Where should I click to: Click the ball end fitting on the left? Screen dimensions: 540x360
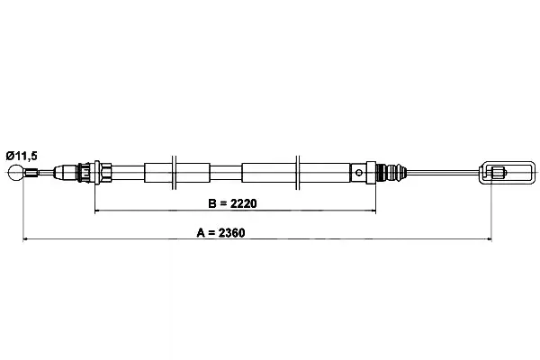pyautogui.click(x=16, y=173)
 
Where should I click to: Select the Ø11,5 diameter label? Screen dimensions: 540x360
pyautogui.click(x=22, y=156)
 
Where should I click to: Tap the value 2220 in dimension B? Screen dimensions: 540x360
pyautogui.click(x=244, y=203)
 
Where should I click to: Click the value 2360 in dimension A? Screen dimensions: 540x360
pyautogui.click(x=232, y=233)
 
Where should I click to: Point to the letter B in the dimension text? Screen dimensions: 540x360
pyautogui.click(x=212, y=203)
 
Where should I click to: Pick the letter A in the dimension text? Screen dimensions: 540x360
pyautogui.click(x=201, y=233)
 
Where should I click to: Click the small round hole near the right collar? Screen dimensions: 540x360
pyautogui.click(x=358, y=173)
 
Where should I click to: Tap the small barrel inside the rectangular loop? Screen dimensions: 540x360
pyautogui.click(x=498, y=172)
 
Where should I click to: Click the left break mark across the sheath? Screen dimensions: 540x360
pyautogui.click(x=174, y=172)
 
